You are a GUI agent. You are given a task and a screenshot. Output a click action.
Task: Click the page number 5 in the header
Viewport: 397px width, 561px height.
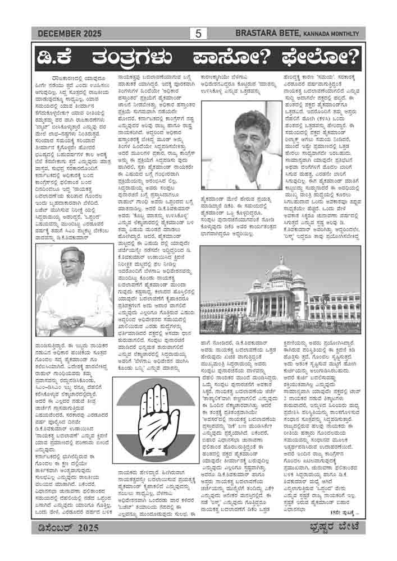(198, 34)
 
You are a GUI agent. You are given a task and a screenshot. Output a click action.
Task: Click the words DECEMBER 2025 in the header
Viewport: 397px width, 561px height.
(70, 34)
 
